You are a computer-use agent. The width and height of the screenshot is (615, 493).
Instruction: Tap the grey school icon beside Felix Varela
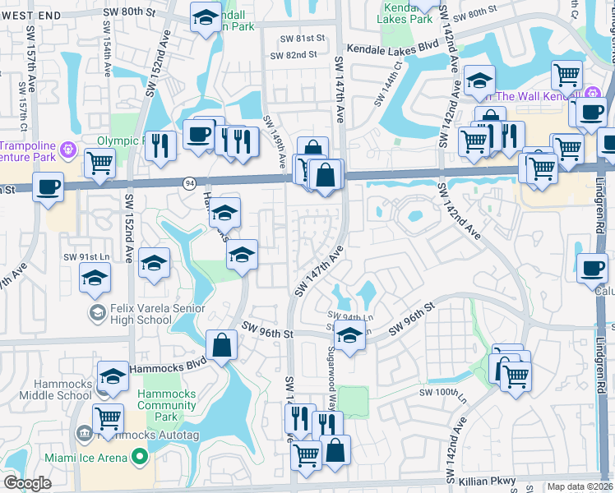click(x=97, y=312)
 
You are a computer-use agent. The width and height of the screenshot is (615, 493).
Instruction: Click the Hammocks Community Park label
click(x=166, y=405)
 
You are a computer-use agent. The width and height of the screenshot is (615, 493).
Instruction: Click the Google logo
click(x=27, y=483)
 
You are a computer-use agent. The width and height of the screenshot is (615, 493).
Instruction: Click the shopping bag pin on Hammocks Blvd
click(x=221, y=345)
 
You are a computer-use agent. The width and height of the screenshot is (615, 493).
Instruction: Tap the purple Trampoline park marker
click(x=67, y=149)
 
